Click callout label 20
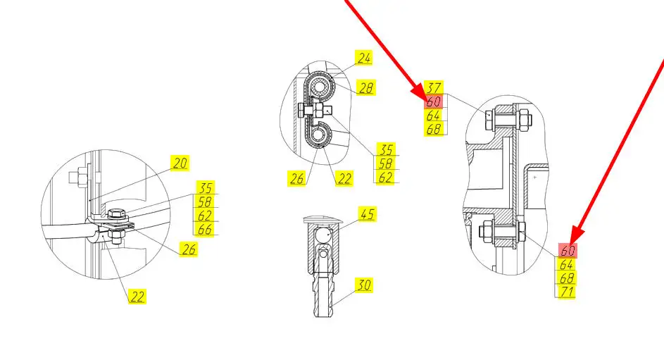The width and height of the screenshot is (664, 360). pos(180,163)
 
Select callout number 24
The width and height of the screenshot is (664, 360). pos(364,58)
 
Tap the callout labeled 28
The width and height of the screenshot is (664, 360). pos(366,87)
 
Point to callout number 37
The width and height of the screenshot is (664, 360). pos(434,87)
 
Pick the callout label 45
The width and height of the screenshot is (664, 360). pos(367,214)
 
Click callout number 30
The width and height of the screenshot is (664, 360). pos(364,285)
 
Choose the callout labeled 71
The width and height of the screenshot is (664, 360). pos(567,292)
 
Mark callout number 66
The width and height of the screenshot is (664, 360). pos(206,230)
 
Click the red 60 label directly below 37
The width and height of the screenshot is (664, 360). pos(434,101)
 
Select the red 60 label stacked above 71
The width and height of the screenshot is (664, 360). pos(567,250)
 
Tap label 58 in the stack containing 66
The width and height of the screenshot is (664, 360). pos(206,201)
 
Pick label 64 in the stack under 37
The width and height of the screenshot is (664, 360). pos(434,116)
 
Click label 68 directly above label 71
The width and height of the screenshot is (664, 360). pos(567,278)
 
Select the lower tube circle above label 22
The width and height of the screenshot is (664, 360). pos(318,135)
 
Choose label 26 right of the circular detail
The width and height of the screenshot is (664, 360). pos(189,249)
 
